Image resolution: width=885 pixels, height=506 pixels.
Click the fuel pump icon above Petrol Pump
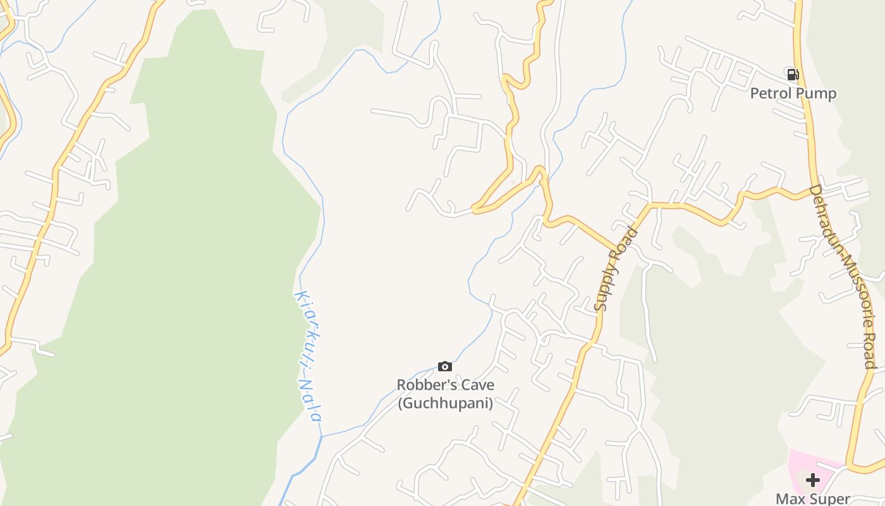pyautogui.click(x=793, y=74)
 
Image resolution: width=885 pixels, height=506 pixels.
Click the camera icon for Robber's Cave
pyautogui.click(x=445, y=366)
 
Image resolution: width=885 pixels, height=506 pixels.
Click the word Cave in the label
pyautogui.click(x=476, y=385)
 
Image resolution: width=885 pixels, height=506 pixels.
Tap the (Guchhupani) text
pyautogui.click(x=445, y=402)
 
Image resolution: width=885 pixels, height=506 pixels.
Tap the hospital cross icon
pyautogui.click(x=813, y=480)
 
